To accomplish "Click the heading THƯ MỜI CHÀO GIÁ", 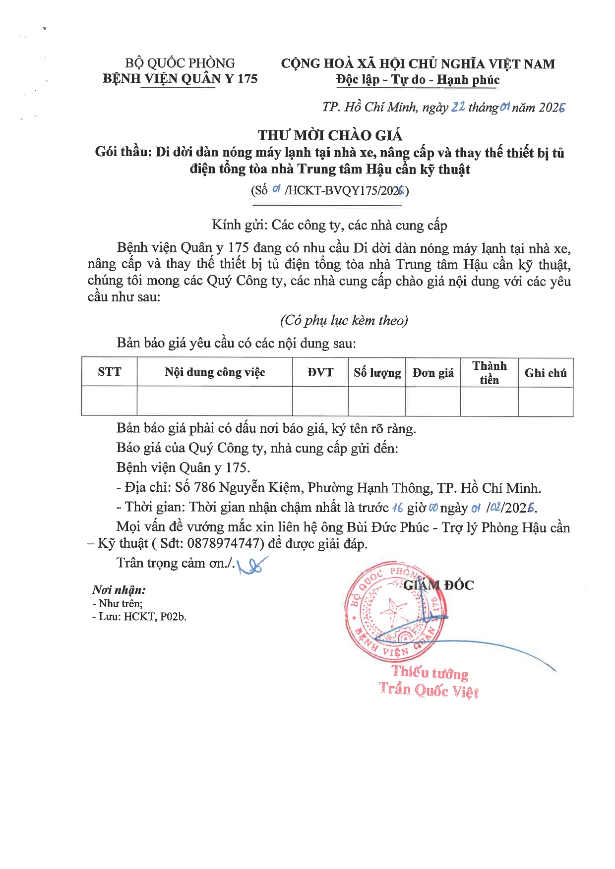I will pos(330,135).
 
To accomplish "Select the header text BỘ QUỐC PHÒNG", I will pos(180,63).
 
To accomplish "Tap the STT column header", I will pos(109,372).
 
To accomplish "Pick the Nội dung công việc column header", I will pos(215,372).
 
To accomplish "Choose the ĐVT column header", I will pos(320,372).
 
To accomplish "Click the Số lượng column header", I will pos(377,372).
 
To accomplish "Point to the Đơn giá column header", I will pos(433,373).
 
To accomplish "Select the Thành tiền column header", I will pos(489,373).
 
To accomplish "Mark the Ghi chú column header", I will pos(546,373).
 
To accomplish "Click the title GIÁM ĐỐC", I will pos(438,585).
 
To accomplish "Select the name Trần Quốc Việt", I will pos(429,690).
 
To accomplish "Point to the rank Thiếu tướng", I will pos(430,673).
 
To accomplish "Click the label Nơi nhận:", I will pos(119,590).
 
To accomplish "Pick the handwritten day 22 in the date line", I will pos(458,107).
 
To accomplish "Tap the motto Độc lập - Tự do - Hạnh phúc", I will pos(418,80).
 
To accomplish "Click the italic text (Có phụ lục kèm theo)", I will pos(344,320).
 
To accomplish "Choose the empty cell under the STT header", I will pos(109,401).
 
